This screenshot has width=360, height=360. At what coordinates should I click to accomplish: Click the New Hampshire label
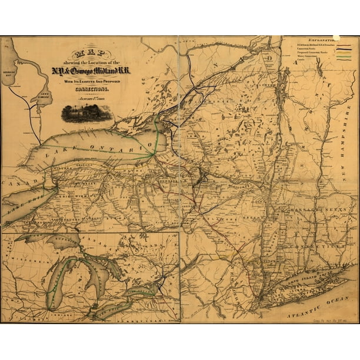(347, 142)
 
